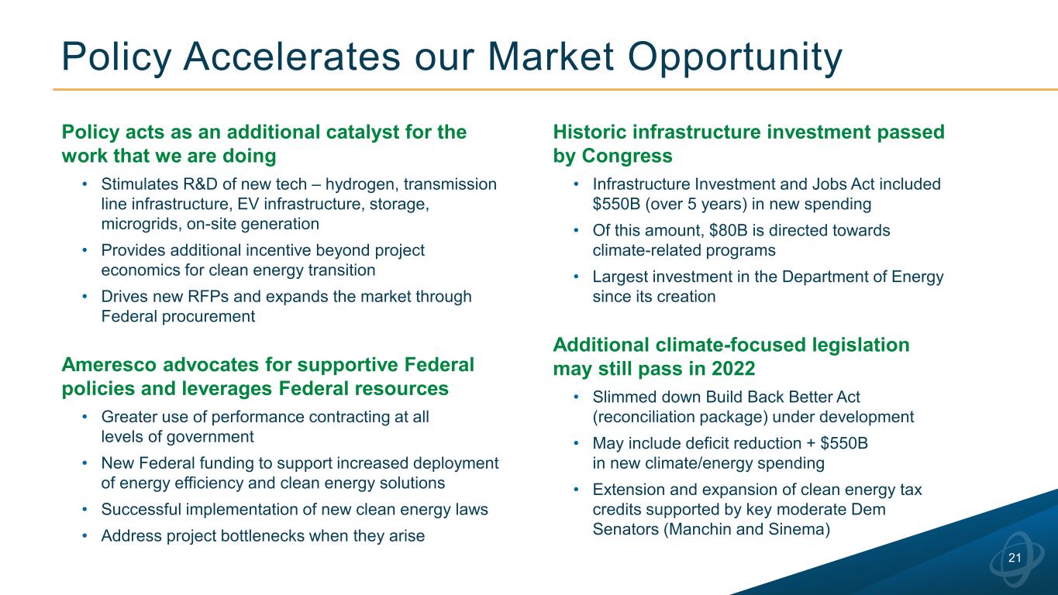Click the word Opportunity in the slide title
(x=735, y=57)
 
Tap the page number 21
(x=1015, y=558)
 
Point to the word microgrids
(x=140, y=224)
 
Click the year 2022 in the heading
(x=733, y=369)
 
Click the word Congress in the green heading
(x=627, y=156)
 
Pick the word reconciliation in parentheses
(x=644, y=417)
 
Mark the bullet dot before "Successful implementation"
(x=84, y=510)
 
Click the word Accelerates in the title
(x=292, y=57)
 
